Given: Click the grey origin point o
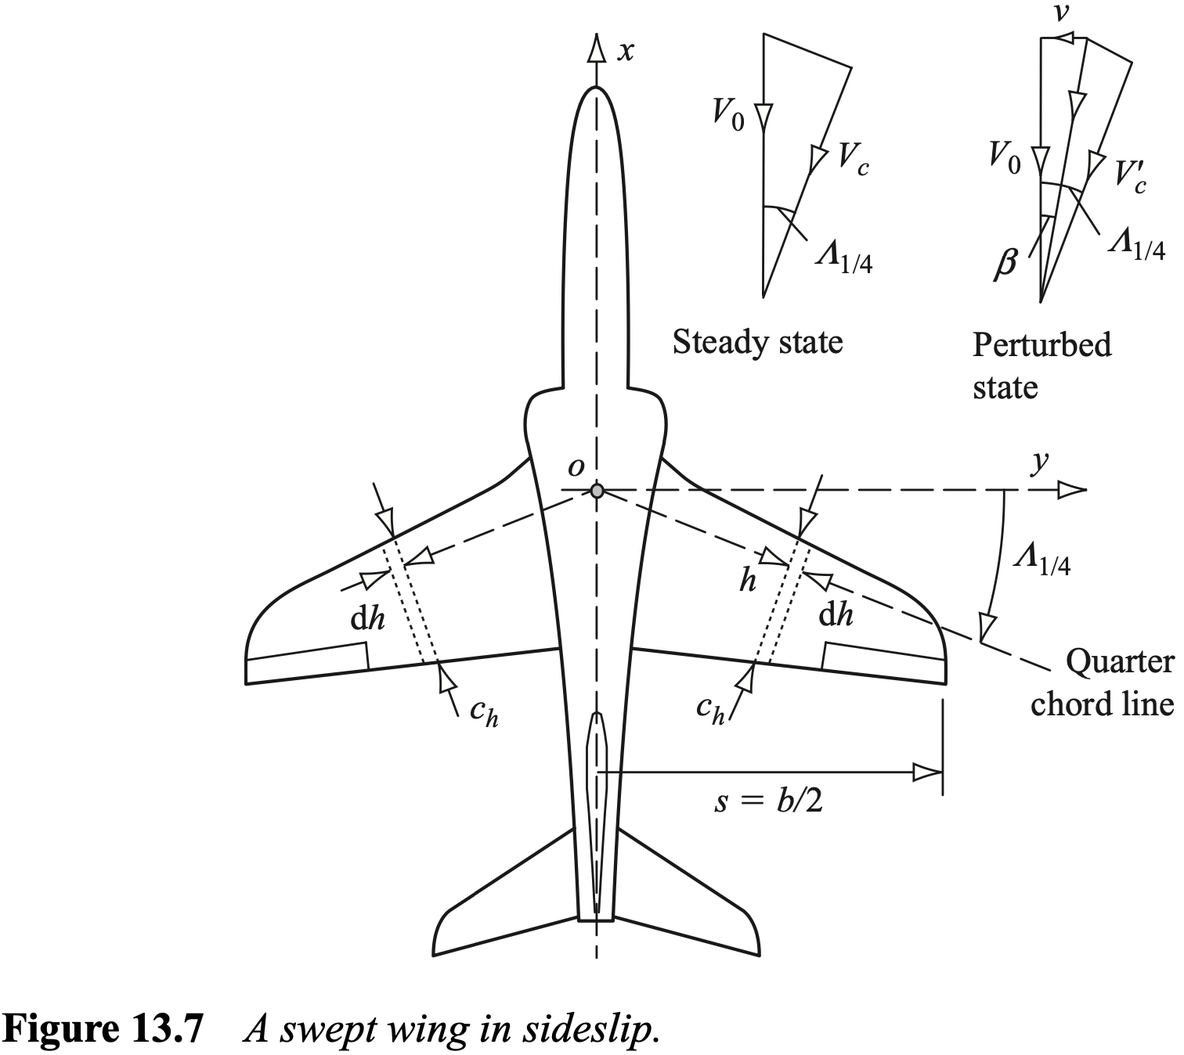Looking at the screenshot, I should point(597,491).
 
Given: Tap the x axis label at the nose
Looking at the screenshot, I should point(626,52).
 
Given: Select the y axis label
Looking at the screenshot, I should point(1040,463).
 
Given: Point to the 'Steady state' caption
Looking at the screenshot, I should point(757,342).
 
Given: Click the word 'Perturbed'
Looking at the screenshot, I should point(1041,344).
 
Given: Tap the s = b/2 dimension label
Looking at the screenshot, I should point(768,802).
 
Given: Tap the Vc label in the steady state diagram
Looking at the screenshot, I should point(853,159).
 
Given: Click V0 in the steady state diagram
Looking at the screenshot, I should point(727,114).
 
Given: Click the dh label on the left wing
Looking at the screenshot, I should point(367,619).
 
